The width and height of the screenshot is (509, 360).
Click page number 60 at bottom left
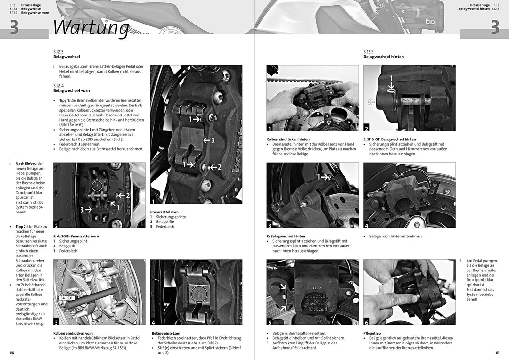(12, 352)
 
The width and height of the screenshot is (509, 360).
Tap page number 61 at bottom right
(497, 352)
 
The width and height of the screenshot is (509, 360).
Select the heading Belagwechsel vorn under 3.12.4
(72, 90)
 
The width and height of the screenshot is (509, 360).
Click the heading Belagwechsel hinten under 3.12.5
(383, 57)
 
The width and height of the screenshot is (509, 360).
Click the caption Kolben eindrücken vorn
(73, 333)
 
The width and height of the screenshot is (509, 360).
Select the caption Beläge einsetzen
(166, 333)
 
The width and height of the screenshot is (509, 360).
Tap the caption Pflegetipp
(372, 333)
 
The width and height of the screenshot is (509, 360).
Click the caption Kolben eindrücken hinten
(288, 139)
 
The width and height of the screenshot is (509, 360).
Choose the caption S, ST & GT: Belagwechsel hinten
(389, 139)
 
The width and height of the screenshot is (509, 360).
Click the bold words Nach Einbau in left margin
(26, 164)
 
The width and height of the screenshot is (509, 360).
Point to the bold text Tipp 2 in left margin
(22, 226)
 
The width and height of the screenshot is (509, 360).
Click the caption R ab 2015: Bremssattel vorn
(76, 236)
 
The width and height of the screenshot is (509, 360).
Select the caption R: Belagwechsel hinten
(286, 236)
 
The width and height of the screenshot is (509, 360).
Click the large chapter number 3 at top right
(494, 28)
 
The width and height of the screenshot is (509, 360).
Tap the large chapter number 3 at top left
(14, 28)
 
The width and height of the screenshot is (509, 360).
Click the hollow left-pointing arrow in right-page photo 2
(371, 101)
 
